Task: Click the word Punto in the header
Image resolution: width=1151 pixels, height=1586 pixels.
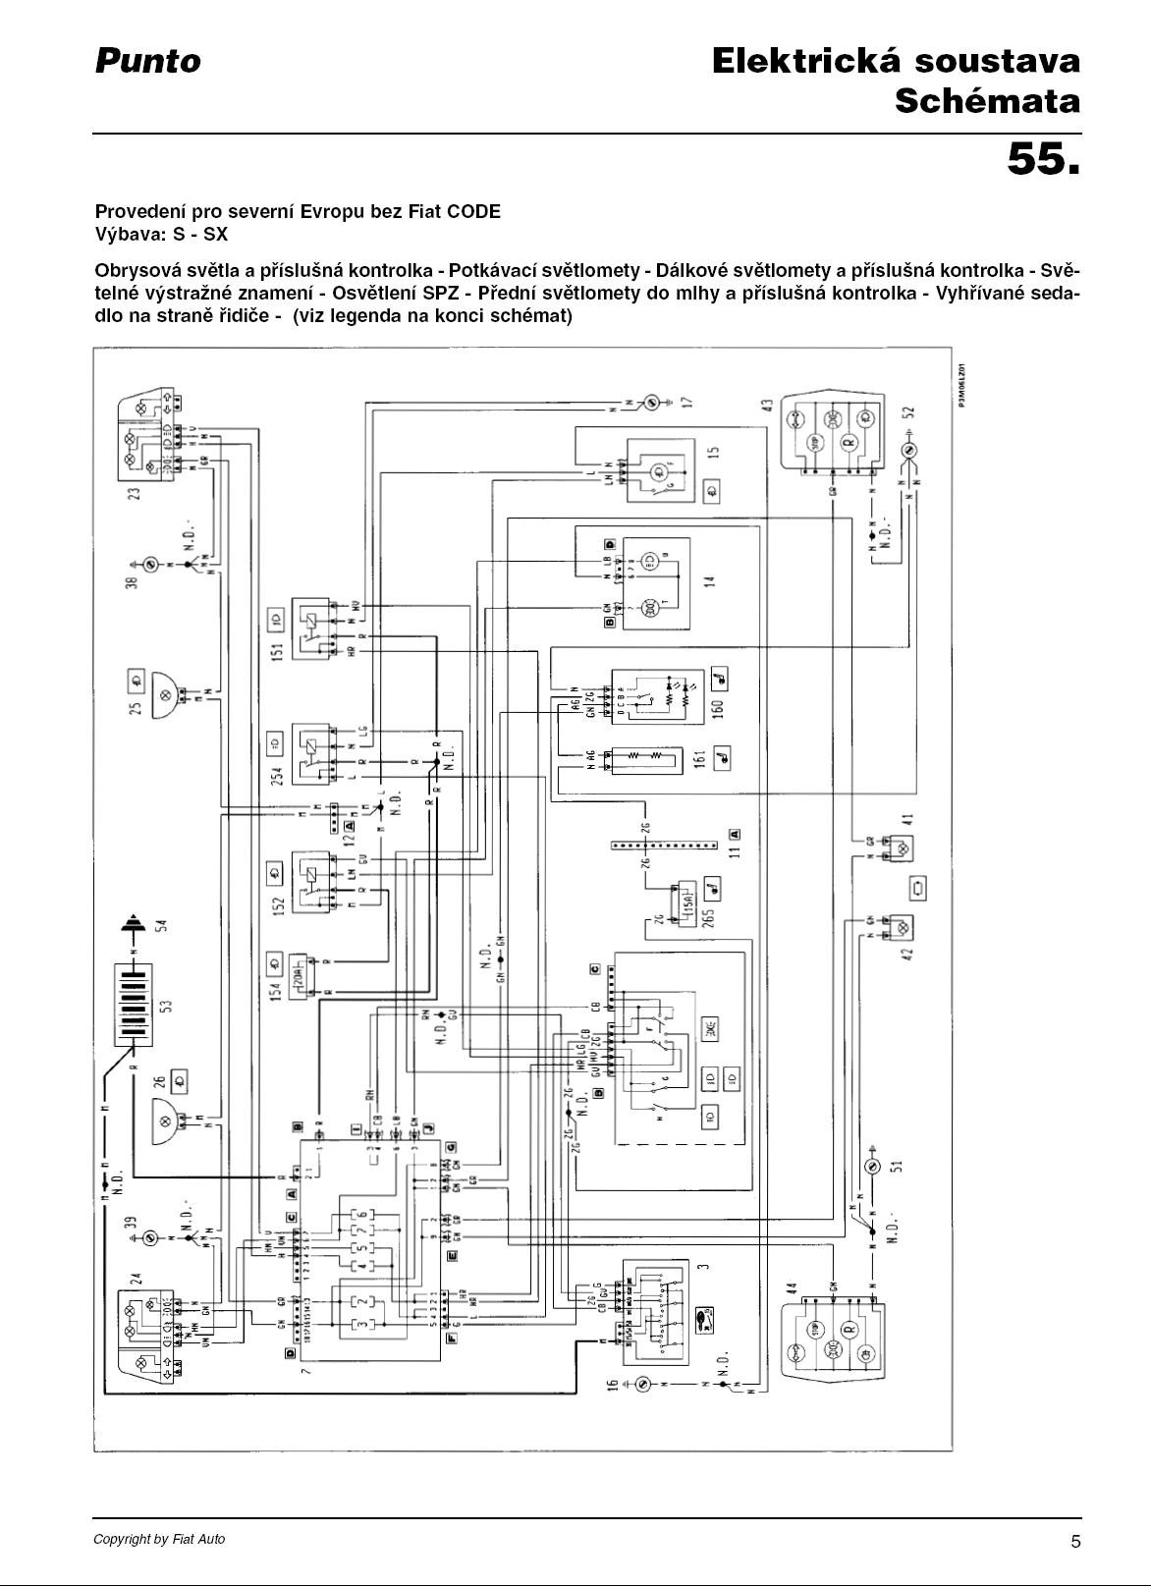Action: pos(147,62)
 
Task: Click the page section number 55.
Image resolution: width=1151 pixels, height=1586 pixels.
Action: pos(1043,159)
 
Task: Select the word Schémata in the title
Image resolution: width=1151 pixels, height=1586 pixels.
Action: pos(987,101)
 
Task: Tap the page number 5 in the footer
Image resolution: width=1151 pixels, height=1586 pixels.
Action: pos(1075,1541)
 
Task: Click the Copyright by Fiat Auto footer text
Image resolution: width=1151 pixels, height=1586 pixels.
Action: pos(159,1539)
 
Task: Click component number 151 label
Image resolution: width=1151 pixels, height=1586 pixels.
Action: pos(277,651)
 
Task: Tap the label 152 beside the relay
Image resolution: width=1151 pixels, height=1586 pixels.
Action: pos(277,903)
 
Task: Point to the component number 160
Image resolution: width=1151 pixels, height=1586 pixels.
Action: pos(717,705)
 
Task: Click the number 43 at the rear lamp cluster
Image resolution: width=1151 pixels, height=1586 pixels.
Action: pos(765,404)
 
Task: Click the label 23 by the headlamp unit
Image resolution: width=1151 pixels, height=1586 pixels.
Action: pos(136,488)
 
